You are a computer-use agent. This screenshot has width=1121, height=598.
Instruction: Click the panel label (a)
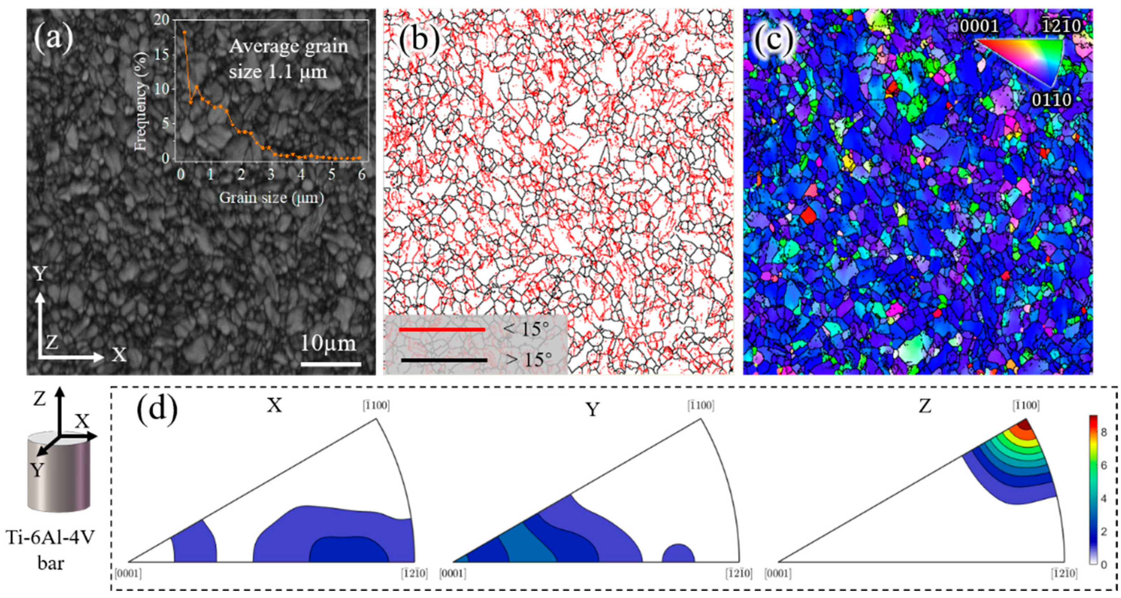click(x=53, y=38)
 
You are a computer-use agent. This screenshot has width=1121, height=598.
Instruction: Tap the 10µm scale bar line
click(x=331, y=364)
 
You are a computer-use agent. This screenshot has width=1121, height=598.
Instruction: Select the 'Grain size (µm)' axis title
click(x=271, y=198)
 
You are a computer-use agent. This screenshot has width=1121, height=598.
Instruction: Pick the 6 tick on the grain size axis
click(x=362, y=175)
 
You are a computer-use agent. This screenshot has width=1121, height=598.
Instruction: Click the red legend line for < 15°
click(x=442, y=329)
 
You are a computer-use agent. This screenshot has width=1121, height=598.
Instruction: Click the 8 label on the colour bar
click(x=1103, y=432)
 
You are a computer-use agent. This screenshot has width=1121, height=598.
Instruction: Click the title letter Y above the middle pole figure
click(x=592, y=410)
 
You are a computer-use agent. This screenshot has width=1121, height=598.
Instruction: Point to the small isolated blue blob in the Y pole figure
click(x=678, y=553)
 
